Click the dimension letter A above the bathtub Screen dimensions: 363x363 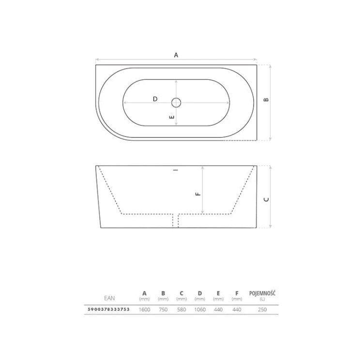tap(176, 55)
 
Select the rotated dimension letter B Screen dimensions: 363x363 tap(266, 100)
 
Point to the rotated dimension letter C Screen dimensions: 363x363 tap(266, 199)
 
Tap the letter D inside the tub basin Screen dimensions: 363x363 tap(155, 99)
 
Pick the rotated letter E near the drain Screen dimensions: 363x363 tap(172, 117)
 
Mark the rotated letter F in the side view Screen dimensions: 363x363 tap(198, 194)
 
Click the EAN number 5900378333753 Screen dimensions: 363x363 tap(108, 309)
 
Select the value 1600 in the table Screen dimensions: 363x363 tap(144, 310)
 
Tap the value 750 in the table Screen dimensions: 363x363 tap(163, 310)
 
